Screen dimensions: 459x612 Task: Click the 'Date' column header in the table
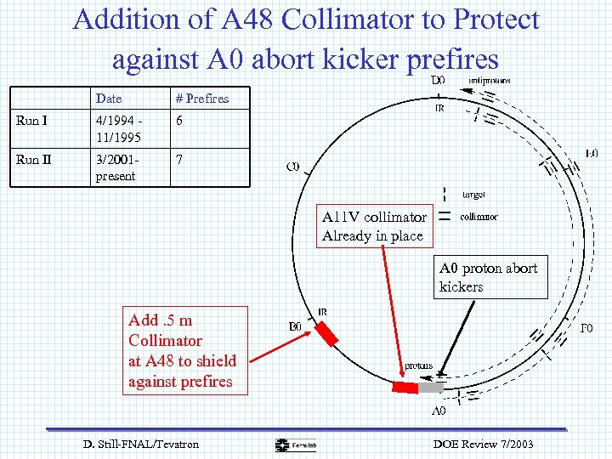(108, 99)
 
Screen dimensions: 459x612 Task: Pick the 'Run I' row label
(32, 121)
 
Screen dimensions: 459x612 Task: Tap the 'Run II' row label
(34, 160)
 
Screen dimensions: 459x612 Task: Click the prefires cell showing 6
(179, 121)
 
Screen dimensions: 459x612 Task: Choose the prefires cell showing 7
(179, 160)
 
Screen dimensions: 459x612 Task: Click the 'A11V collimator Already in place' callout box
(373, 226)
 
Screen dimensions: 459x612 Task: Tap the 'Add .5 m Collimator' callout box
(182, 351)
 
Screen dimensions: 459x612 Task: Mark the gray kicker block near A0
(431, 388)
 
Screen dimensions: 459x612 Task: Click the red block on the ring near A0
(405, 388)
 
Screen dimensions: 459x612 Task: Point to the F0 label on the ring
(586, 328)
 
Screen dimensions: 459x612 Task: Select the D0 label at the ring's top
(436, 81)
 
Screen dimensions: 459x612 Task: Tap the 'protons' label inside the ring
(418, 365)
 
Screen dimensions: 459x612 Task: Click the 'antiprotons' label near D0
(490, 81)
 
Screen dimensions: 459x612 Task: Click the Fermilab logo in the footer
(294, 445)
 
